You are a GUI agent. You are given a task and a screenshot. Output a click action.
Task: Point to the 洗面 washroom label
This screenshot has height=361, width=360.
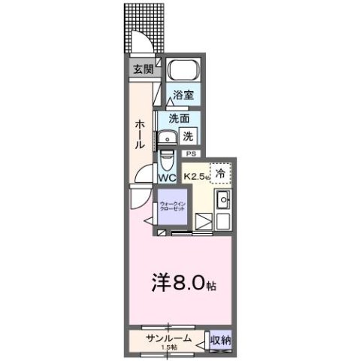click(178, 118)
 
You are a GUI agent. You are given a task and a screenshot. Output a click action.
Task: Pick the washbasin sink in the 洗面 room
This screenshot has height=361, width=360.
click(165, 137)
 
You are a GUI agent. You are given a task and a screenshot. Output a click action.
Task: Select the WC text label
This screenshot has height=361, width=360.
click(167, 178)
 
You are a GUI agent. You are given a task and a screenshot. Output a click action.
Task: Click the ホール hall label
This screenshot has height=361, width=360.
click(140, 134)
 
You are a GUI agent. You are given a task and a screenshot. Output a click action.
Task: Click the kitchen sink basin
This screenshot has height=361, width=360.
click(222, 201)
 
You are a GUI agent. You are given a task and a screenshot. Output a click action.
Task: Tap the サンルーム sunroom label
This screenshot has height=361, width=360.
click(168, 337)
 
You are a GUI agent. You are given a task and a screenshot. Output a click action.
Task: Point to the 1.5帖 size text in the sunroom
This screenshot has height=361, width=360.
click(168, 347)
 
